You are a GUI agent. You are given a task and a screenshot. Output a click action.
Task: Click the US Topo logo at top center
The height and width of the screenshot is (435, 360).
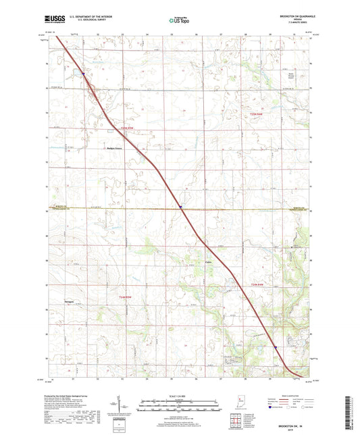tap(180, 20)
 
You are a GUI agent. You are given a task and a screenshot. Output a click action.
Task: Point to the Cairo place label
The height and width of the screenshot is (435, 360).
tap(209, 263)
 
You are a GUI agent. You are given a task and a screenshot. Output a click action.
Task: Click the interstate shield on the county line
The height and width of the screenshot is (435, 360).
tap(181, 207)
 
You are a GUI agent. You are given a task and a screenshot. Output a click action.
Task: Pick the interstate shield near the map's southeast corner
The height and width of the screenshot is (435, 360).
tap(276, 348)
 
